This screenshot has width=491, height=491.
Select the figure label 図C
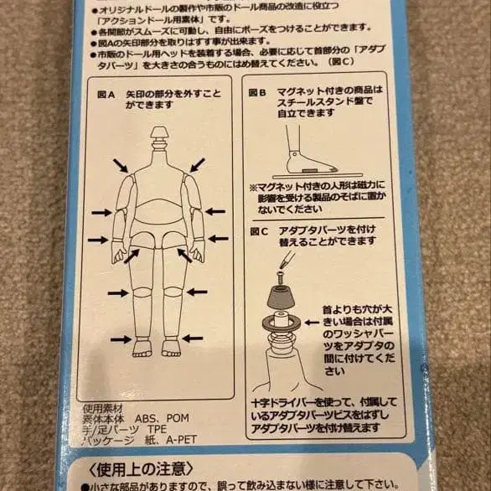(x=257, y=229)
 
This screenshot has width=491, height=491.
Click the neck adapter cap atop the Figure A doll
(x=159, y=134)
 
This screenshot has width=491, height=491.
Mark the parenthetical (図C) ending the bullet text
(x=366, y=61)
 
